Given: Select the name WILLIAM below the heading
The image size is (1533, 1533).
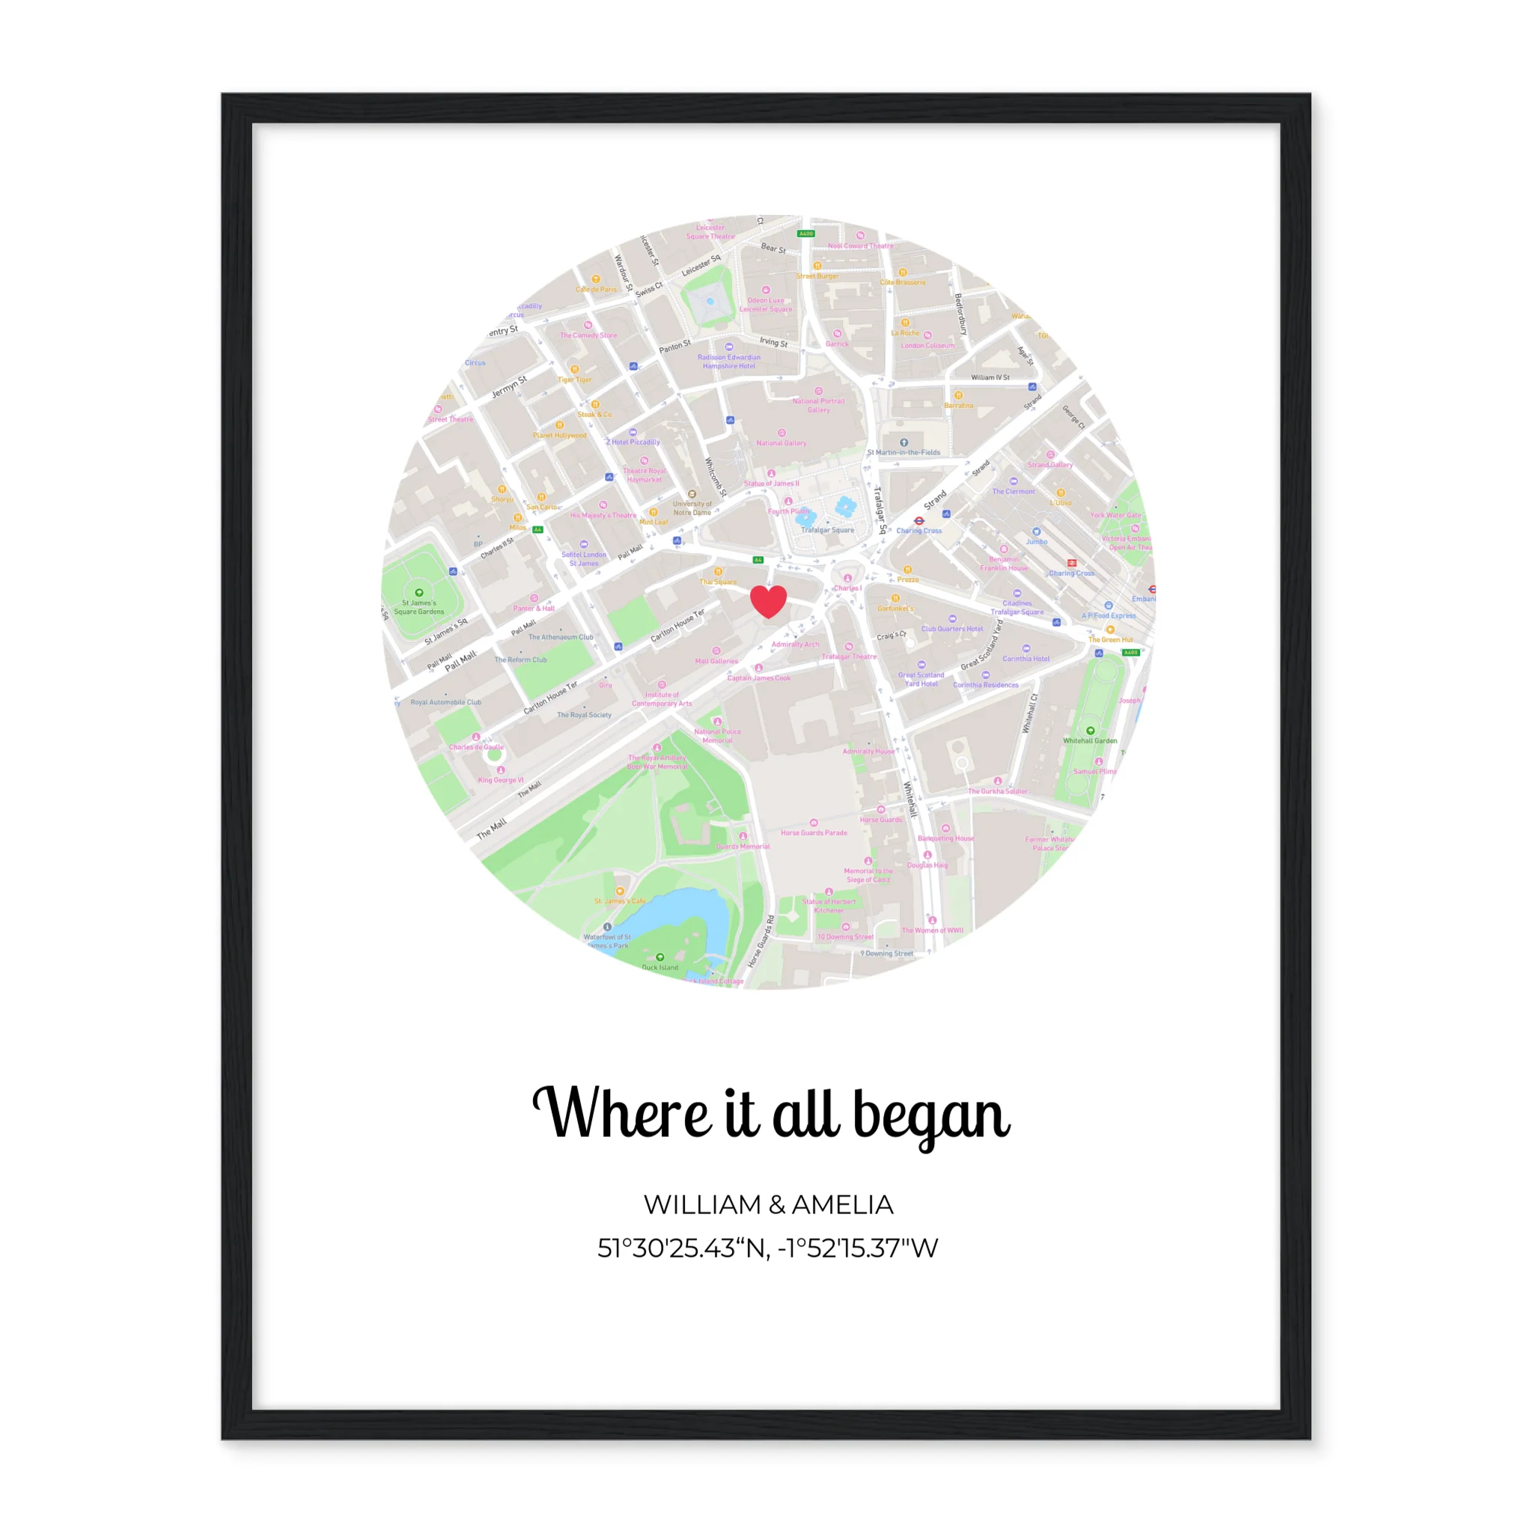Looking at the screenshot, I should point(702,1204).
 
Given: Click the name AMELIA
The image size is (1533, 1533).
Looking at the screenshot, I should point(843,1204).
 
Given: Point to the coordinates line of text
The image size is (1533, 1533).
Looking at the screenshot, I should point(767,1248).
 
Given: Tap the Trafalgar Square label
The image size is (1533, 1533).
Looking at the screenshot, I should point(828,530).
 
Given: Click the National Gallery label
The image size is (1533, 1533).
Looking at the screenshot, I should point(781,443).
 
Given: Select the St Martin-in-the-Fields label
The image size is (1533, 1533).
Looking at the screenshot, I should point(903,452).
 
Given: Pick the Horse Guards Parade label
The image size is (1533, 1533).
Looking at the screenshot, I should point(814,832).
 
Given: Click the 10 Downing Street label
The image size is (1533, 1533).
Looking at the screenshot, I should point(845,936).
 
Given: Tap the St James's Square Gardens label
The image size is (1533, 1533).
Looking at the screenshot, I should point(419,607).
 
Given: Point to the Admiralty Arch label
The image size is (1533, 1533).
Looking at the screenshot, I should point(795,644).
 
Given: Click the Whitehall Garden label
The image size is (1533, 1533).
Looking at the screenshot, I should point(1089,740).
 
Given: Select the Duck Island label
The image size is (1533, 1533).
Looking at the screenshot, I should point(659,967).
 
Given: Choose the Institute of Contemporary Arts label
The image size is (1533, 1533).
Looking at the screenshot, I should point(662,698).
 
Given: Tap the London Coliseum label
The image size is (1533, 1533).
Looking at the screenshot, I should point(927,345).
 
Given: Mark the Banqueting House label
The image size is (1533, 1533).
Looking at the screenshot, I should point(945,838).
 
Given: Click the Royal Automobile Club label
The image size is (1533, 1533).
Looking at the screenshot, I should point(445,702).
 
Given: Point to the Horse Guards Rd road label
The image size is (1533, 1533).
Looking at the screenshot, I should point(761,941).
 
